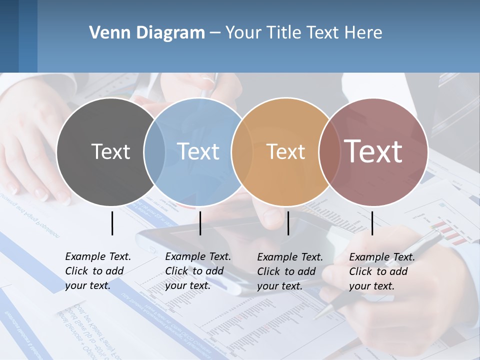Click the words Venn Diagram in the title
146,33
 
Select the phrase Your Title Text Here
303,33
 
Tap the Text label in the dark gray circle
110,151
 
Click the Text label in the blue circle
198,151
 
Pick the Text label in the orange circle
285,151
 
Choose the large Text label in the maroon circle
373,151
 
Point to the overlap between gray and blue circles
154,152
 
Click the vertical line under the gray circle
112,223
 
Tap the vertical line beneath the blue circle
200,223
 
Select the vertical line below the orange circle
288,223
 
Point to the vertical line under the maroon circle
372,223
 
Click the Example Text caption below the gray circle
98,271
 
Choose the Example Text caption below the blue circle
198,271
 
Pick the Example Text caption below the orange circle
290,271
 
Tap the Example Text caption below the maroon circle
382,271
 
